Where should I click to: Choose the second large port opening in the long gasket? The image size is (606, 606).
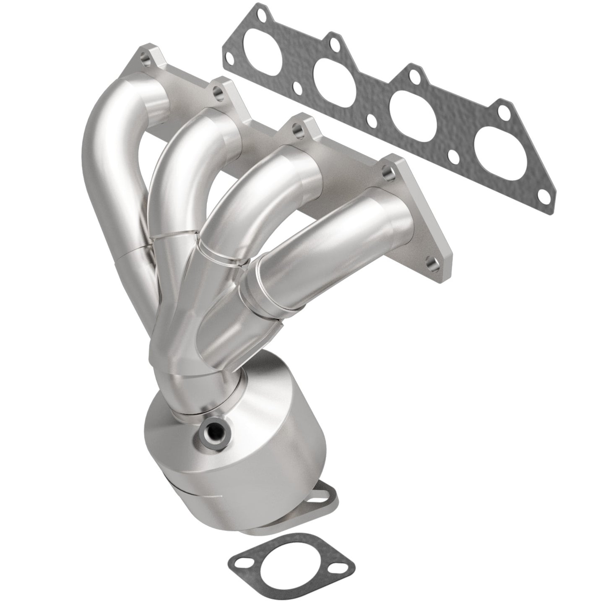[x=336, y=77]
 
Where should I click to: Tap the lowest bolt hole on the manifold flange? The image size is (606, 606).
[x=431, y=263]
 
